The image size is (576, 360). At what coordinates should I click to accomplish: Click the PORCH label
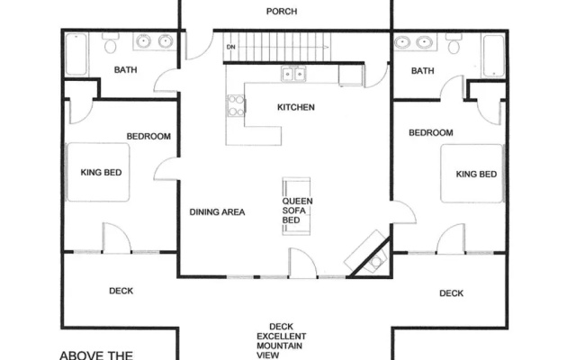(x=282, y=12)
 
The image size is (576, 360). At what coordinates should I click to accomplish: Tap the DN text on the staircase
(x=230, y=47)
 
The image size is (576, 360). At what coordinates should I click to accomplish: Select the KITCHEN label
(x=296, y=107)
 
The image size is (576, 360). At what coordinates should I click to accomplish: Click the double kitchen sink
(x=293, y=74)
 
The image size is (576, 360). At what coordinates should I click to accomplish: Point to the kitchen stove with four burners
(x=236, y=105)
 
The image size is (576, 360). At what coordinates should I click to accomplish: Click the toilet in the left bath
(x=110, y=43)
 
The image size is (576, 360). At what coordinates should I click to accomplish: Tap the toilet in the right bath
(x=454, y=44)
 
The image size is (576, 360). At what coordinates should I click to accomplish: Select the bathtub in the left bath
(x=76, y=54)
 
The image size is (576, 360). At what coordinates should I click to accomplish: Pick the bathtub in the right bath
(x=493, y=56)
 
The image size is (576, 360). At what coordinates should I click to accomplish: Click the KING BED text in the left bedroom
(x=101, y=172)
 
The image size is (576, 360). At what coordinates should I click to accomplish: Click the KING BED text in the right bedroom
(x=476, y=174)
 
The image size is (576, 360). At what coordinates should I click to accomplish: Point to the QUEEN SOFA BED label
(x=297, y=211)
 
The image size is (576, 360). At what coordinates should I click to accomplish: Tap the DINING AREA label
(x=217, y=212)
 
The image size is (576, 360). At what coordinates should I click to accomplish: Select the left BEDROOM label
(x=148, y=136)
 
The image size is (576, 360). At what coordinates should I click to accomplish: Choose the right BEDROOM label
(x=431, y=132)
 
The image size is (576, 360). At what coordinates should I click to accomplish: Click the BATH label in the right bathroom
(x=422, y=70)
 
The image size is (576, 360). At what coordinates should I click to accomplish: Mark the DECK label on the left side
(x=121, y=291)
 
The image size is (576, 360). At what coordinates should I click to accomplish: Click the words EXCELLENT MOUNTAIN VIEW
(x=281, y=346)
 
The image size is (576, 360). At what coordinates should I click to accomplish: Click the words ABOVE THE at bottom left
(x=96, y=355)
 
